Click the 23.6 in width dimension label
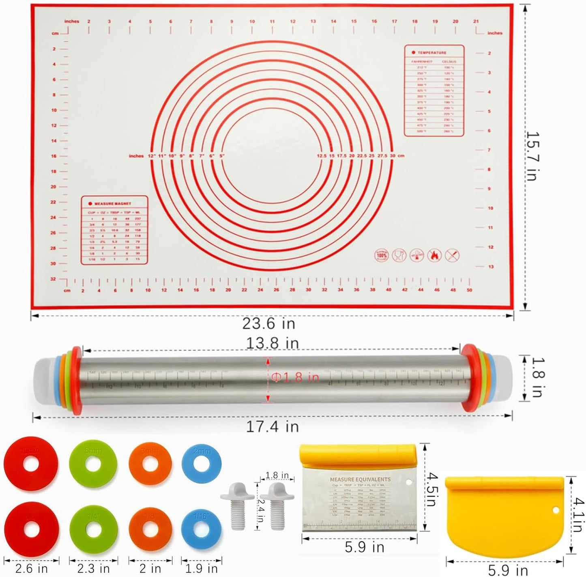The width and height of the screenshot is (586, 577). [x=268, y=324]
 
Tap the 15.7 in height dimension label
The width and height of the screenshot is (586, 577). [x=532, y=156]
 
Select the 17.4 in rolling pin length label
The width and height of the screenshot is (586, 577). [x=273, y=426]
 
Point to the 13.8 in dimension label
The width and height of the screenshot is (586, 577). [x=273, y=343]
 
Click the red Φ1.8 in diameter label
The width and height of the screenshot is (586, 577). [x=295, y=377]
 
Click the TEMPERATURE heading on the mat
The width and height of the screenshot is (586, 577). [x=431, y=53]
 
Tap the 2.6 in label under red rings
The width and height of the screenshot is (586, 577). [x=31, y=568]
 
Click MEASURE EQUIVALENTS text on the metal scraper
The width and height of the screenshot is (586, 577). [x=360, y=480]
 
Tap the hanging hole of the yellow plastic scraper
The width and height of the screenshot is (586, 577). [x=555, y=510]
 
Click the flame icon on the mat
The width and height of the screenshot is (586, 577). [x=434, y=255]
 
